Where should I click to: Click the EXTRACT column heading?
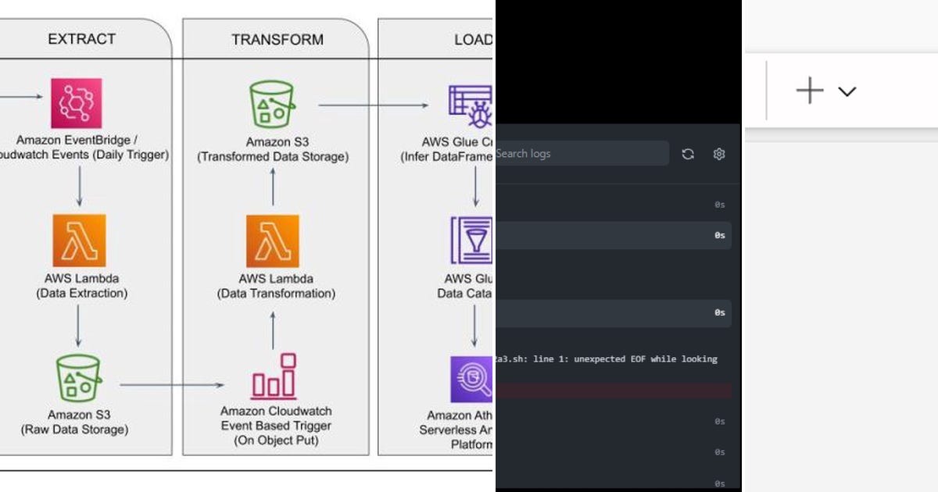tap(81, 39)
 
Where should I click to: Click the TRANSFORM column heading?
tap(277, 39)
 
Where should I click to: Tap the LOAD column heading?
tap(473, 39)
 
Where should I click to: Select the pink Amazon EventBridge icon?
tap(77, 103)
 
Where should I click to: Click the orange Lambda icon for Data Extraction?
tap(79, 241)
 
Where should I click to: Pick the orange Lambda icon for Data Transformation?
tap(272, 241)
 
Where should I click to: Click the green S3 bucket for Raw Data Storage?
tap(77, 379)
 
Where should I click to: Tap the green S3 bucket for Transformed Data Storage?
tap(273, 105)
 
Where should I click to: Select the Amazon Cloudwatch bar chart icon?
tap(274, 377)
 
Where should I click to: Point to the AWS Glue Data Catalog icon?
tap(471, 241)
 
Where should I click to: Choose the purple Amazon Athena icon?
tap(471, 380)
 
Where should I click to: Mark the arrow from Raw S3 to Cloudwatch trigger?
tap(172, 384)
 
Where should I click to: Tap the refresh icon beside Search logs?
tap(688, 154)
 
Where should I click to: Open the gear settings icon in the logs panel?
tap(719, 154)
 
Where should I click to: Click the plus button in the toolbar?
tap(810, 91)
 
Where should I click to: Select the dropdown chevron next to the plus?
tap(847, 91)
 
